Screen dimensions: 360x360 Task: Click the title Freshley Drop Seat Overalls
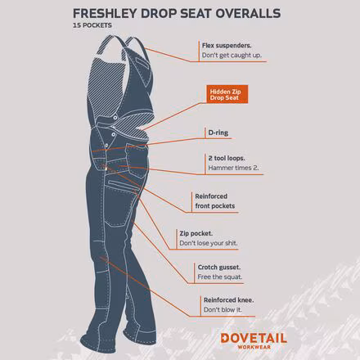point(178,13)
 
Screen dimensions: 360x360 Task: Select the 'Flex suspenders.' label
point(227,46)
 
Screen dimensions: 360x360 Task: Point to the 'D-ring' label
point(214,131)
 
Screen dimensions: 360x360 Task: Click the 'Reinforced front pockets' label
point(215,201)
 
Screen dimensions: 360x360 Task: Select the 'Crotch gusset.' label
point(218,267)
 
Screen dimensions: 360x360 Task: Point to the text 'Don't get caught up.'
point(232,56)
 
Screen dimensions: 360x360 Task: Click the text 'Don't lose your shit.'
point(212,244)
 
